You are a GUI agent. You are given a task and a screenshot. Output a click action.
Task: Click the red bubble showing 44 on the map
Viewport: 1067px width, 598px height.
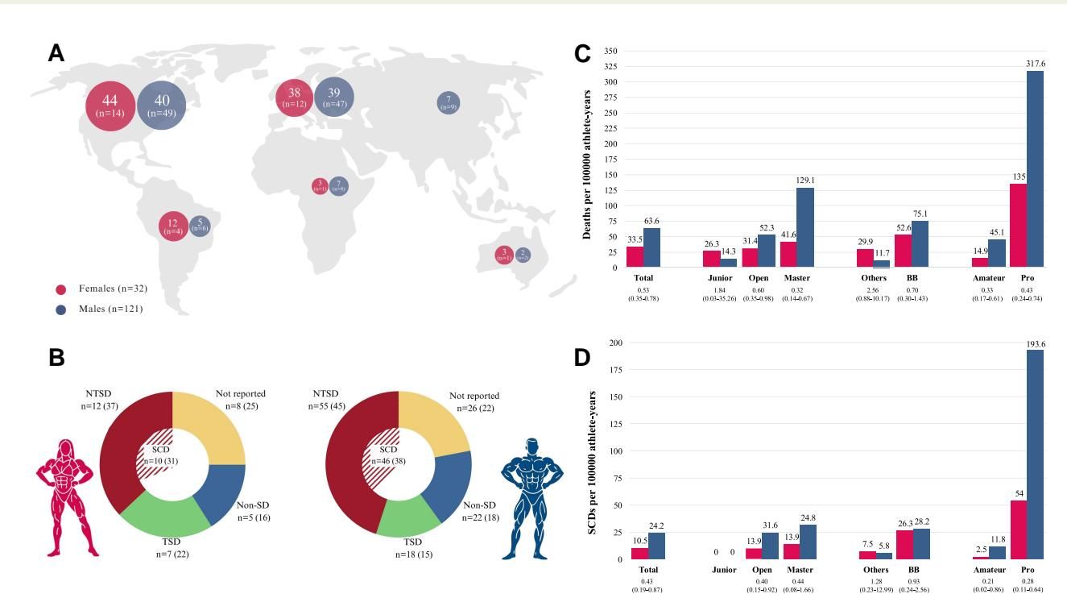point(110,106)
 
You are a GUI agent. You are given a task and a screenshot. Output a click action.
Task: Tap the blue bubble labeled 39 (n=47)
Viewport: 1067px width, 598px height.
point(333,98)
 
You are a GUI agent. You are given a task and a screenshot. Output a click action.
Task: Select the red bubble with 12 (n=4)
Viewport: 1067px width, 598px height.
point(172,226)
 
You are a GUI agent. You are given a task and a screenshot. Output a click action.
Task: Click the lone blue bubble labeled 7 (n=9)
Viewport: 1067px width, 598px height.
point(449,103)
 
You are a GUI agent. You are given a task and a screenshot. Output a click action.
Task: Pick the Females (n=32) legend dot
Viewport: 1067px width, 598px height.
point(60,289)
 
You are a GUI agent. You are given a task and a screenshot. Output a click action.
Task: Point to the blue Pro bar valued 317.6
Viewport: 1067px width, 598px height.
point(1035,169)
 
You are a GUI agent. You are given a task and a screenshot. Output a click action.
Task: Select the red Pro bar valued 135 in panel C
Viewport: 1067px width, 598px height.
point(1018,226)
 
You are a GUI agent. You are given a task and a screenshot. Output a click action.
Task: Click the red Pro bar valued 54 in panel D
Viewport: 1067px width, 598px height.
point(1018,529)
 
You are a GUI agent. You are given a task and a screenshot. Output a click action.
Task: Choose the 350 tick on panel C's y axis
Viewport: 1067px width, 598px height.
point(610,52)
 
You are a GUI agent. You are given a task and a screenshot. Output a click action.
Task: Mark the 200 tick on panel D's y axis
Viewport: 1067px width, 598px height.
point(616,343)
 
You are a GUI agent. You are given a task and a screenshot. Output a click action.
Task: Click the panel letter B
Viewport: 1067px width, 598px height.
point(56,358)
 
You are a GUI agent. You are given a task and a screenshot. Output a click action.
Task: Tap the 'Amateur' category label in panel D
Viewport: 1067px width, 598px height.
point(989,570)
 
